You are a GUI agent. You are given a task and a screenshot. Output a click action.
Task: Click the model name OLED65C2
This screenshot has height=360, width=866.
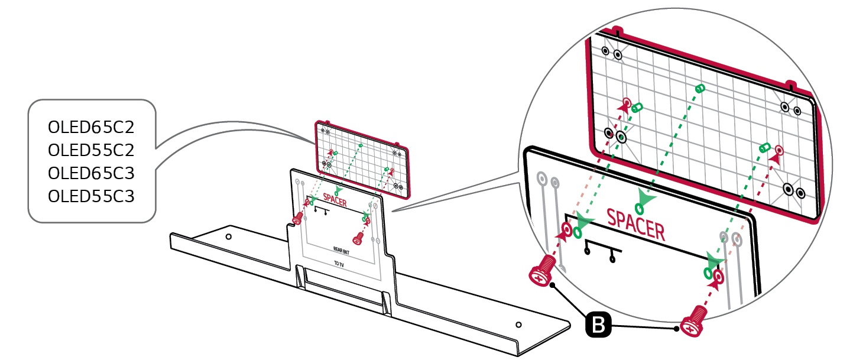tap(91, 128)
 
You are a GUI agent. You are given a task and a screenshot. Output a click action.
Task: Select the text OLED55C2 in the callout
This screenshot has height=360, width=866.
tap(91, 151)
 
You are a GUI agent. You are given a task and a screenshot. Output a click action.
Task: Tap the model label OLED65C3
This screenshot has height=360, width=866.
tap(91, 174)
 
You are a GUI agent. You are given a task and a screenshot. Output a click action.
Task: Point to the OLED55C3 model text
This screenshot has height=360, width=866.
tap(91, 196)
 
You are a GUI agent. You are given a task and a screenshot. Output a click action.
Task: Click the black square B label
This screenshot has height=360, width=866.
tap(598, 325)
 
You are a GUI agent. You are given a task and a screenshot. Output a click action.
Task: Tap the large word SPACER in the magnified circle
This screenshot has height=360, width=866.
tap(635, 224)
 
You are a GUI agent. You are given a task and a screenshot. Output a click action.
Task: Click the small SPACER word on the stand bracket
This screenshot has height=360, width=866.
tap(335, 201)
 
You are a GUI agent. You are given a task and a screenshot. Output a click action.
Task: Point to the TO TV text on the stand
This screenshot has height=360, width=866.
tap(339, 264)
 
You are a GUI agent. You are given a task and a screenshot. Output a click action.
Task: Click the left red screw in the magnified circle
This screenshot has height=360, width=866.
tap(541, 274)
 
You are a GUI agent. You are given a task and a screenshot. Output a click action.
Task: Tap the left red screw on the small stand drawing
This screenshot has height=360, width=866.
tap(297, 219)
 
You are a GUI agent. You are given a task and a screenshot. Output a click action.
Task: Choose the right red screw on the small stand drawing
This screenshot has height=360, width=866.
tap(358, 238)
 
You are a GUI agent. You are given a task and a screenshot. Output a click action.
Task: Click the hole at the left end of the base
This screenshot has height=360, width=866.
tap(229, 237)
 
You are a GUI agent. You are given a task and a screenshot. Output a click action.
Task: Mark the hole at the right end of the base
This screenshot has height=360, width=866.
tap(518, 325)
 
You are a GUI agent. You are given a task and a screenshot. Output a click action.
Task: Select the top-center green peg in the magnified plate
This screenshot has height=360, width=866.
tap(700, 89)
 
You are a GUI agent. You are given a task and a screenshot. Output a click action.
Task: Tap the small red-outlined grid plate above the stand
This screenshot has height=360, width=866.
tap(362, 158)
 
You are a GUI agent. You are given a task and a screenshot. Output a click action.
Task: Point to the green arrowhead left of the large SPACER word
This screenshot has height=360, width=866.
tap(585, 223)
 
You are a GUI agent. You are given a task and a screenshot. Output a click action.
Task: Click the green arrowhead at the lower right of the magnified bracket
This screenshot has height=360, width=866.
tap(715, 261)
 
